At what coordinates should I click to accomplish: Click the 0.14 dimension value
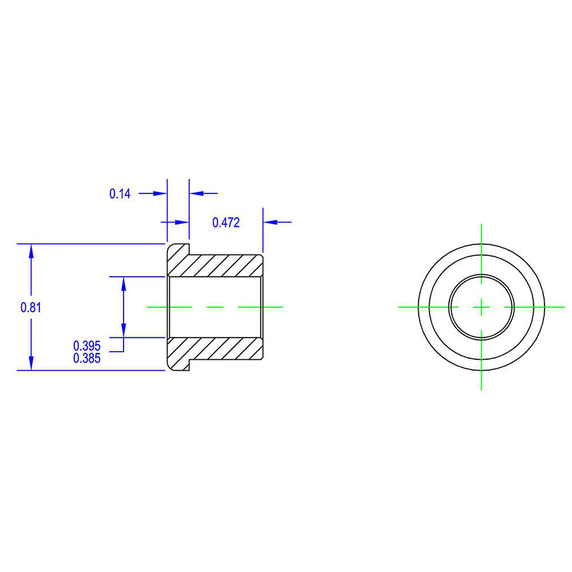pos(120,194)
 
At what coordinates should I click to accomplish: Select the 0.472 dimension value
pos(226,223)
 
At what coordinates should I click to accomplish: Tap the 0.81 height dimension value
pos(31,307)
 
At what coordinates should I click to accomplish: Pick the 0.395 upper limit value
pos(87,345)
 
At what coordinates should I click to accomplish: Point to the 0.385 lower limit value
pos(87,359)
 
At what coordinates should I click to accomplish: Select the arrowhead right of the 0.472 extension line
pos(270,222)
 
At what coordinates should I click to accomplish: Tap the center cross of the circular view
pos(482,307)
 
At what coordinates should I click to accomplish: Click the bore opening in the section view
pos(214,307)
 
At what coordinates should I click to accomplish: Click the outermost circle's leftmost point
pos(418,307)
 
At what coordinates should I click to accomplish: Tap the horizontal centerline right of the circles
pos(555,307)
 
